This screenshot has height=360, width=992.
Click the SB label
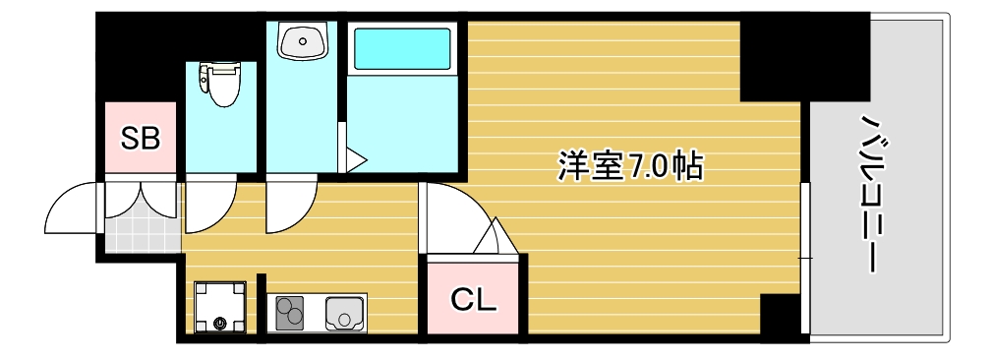click(140, 139)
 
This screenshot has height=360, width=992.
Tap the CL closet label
click(473, 298)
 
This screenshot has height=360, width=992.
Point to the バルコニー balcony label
click(871, 193)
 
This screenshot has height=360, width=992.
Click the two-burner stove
click(291, 314)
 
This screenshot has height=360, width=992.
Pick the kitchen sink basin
click(344, 314)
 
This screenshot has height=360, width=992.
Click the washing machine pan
click(219, 307)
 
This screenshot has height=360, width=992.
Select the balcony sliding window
click(805, 256)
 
